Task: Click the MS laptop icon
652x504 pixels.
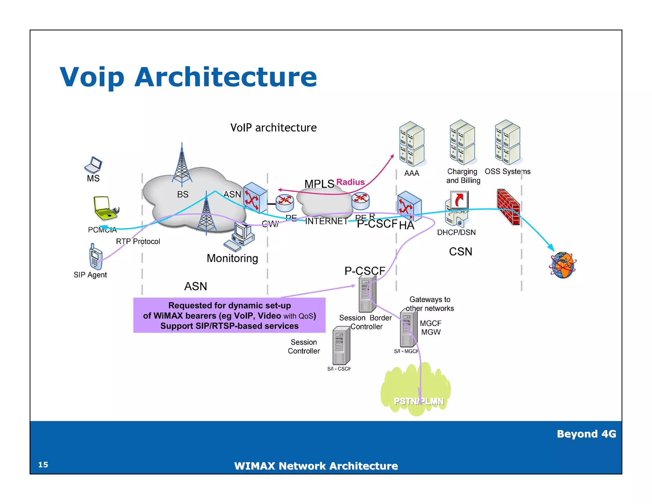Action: pyautogui.click(x=93, y=164)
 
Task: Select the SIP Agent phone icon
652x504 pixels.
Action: pyautogui.click(x=96, y=257)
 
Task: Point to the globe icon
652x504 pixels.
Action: pyautogui.click(x=563, y=265)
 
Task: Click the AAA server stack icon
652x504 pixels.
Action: pyautogui.click(x=412, y=144)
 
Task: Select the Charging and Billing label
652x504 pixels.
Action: pyautogui.click(x=463, y=176)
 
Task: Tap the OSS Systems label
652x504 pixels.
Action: pyautogui.click(x=507, y=171)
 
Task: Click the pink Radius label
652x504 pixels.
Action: pyautogui.click(x=350, y=182)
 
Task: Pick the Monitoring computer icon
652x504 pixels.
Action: pyautogui.click(x=240, y=236)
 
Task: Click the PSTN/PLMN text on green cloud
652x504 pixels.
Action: pyautogui.click(x=419, y=401)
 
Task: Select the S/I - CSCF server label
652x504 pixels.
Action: pyautogui.click(x=339, y=369)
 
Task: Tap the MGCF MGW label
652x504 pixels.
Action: pyautogui.click(x=431, y=328)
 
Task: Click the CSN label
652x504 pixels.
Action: pyautogui.click(x=460, y=252)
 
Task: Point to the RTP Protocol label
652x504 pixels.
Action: pyautogui.click(x=138, y=241)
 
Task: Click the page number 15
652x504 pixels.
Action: pyautogui.click(x=43, y=464)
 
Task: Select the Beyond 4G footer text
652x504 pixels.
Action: pyautogui.click(x=586, y=434)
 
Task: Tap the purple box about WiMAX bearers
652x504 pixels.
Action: pyautogui.click(x=229, y=315)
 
